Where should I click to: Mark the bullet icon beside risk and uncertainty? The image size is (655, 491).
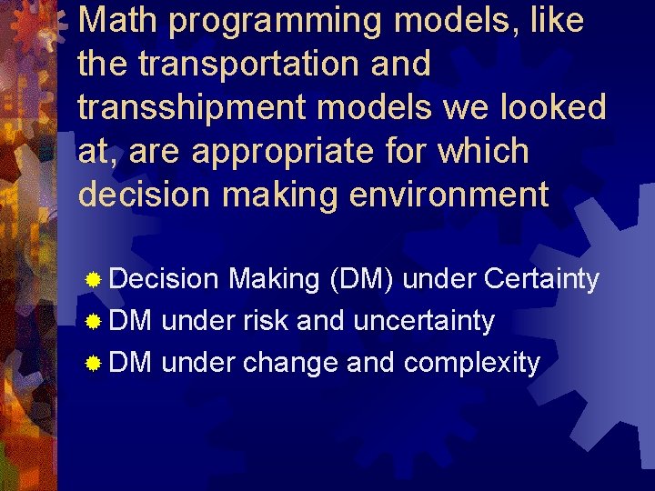tap(92, 322)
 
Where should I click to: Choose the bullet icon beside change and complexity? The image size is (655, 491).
tap(92, 364)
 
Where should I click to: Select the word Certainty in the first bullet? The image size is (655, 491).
tap(541, 280)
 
